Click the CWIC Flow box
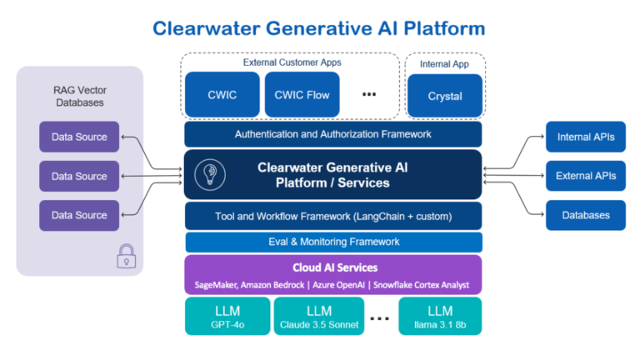[302, 95]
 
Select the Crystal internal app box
[445, 96]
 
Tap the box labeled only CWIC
[222, 95]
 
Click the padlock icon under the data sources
[126, 256]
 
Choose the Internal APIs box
[585, 137]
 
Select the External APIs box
[585, 176]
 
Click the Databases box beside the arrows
[585, 215]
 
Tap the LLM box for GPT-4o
[227, 317]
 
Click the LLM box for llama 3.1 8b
[438, 317]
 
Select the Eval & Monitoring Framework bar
[333, 242]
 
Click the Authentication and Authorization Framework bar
[333, 134]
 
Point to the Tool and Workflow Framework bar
[333, 216]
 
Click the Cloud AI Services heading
[333, 267]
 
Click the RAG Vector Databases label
[80, 96]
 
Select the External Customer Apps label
[292, 62]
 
